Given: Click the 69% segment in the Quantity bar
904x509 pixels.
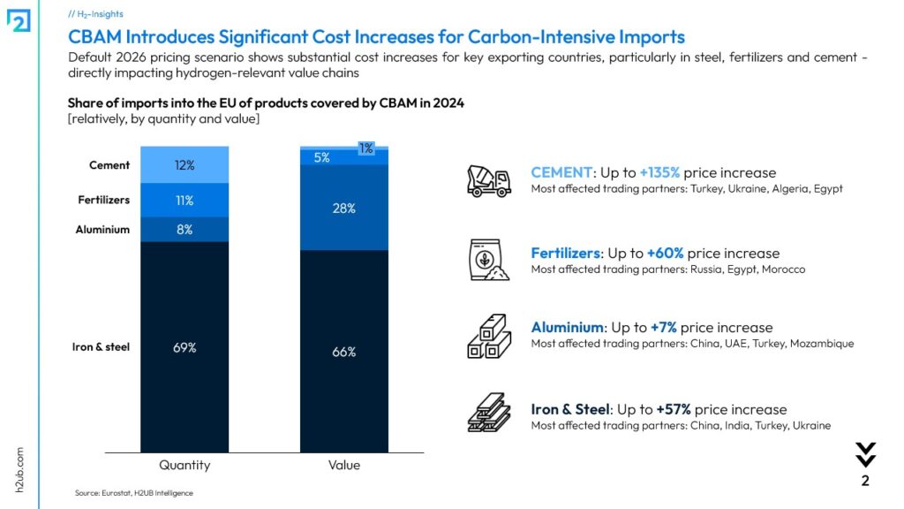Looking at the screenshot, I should click(185, 347).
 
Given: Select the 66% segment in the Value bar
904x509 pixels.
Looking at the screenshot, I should click(344, 352).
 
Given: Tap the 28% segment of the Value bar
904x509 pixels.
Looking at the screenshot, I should click(344, 209).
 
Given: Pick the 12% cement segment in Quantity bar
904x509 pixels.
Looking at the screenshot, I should click(185, 165).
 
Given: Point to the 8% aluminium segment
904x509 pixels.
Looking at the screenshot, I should click(185, 230).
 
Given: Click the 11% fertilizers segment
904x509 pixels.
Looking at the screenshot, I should click(185, 201).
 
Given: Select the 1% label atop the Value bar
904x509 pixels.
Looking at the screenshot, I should click(365, 148).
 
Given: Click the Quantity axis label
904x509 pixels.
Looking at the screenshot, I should click(185, 465).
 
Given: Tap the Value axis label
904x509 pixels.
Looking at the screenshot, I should click(344, 465).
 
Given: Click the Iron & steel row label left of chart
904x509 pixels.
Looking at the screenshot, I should click(101, 347).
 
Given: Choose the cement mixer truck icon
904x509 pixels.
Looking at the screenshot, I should click(488, 179).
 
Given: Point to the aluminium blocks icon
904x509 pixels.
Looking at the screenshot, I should click(488, 336).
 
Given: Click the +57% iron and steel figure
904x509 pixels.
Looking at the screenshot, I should click(674, 409).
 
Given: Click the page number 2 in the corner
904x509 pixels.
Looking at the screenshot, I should click(865, 482).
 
